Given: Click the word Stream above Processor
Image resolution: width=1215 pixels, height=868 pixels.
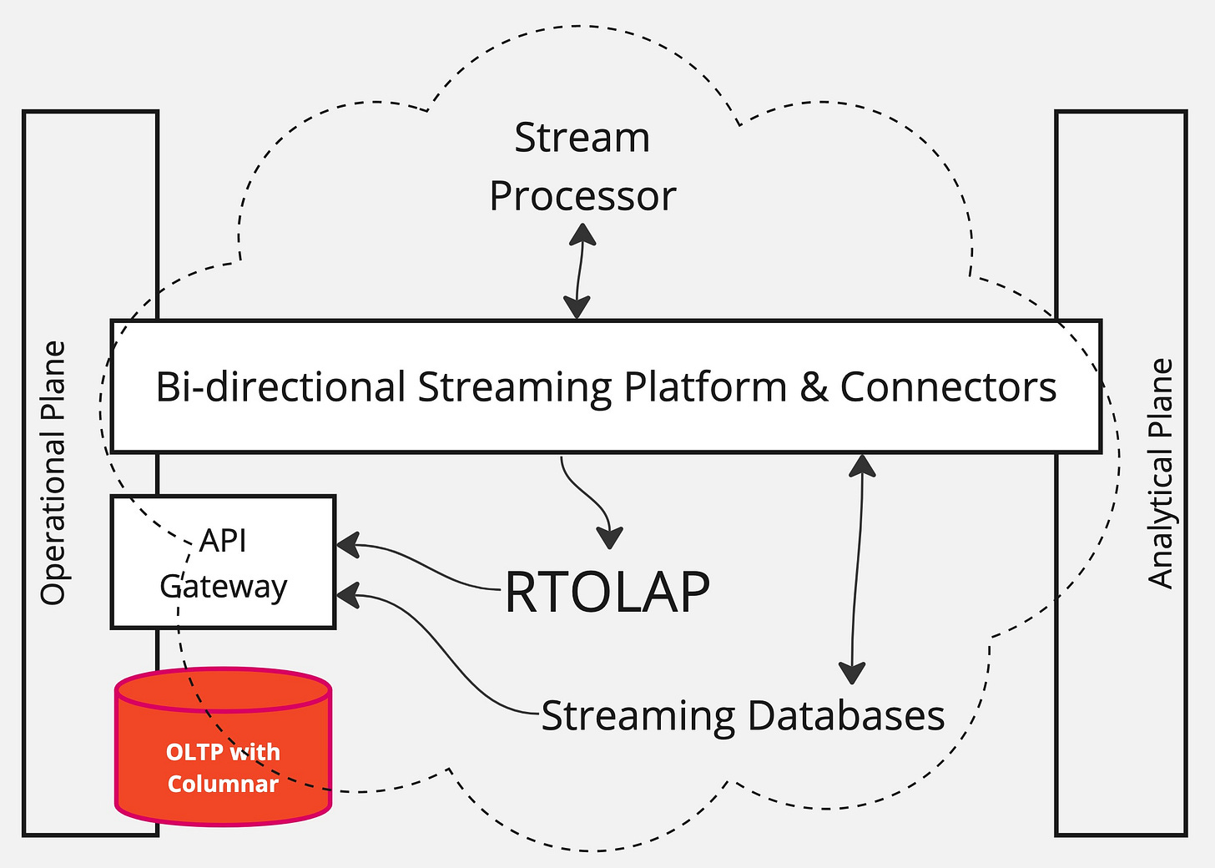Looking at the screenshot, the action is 582,138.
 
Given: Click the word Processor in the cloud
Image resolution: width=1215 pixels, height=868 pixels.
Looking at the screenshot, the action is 582,196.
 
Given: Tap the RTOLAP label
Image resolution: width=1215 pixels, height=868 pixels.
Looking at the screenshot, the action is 607,591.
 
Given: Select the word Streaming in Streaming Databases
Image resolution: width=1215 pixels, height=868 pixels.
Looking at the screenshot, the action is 638,717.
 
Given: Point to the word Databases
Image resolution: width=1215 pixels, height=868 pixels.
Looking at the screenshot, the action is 846,715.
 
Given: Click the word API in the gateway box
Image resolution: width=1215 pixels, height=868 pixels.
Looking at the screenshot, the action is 222,540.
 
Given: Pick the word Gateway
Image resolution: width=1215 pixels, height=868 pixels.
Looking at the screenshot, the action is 223,588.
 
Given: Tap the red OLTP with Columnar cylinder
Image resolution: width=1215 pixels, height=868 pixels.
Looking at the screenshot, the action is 223,746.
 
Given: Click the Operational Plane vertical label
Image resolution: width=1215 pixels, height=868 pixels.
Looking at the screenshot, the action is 53,472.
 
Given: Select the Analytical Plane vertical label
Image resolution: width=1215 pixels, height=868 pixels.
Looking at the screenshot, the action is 1162,473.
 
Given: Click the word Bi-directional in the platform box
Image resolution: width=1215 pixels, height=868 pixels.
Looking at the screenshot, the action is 280,386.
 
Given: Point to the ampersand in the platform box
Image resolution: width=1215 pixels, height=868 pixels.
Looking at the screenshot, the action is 814,386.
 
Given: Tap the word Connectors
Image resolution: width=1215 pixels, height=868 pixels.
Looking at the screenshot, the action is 949,386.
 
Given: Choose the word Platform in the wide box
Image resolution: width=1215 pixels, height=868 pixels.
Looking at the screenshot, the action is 705,386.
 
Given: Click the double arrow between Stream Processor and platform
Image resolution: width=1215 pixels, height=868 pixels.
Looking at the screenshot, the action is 579,271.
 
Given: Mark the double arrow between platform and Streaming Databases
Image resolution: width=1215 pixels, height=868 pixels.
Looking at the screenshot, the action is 856,569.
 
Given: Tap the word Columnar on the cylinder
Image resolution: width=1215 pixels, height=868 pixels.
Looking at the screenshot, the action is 223,784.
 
